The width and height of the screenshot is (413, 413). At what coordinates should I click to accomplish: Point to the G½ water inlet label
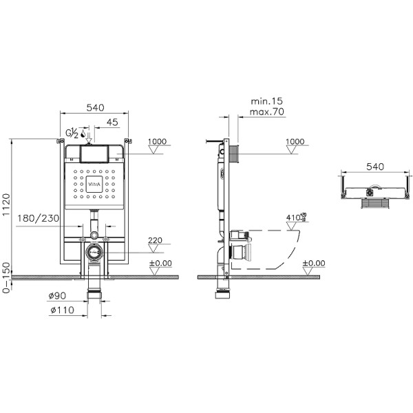click(x=71, y=132)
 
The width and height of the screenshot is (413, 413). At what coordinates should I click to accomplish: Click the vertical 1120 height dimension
click(x=7, y=206)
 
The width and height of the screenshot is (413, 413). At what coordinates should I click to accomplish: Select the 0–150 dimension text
click(x=7, y=278)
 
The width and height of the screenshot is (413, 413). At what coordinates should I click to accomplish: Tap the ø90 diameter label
click(x=57, y=295)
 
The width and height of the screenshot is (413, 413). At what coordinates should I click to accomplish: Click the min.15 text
click(x=267, y=100)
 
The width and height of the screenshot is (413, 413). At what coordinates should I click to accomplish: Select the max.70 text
click(x=268, y=112)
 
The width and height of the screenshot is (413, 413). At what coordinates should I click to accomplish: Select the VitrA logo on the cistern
click(x=94, y=184)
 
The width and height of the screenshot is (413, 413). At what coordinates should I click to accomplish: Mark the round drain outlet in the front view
click(x=94, y=253)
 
